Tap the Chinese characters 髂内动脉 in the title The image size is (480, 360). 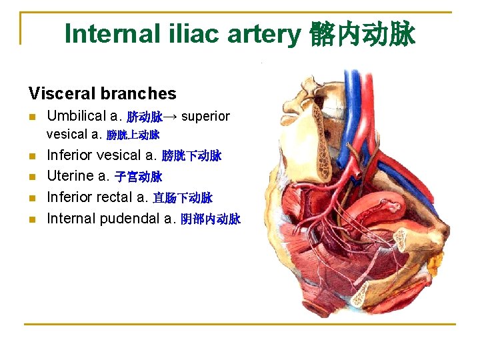coord(362,34)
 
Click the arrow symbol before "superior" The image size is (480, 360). coord(171,117)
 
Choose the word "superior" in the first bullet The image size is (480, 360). coord(205,117)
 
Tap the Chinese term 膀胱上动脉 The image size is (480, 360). coord(133,135)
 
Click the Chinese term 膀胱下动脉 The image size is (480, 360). coord(192,157)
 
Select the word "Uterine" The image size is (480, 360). coord(69,177)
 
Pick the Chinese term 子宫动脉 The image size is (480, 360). coord(139,177)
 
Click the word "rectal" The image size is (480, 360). coord(115,197)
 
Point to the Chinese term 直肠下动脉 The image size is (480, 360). coord(183,198)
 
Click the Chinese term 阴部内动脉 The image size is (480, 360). coord(211,219)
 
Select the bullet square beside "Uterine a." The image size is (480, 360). coord(32,177)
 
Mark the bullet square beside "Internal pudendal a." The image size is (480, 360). coord(32,219)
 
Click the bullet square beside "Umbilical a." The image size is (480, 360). coord(32,117)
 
